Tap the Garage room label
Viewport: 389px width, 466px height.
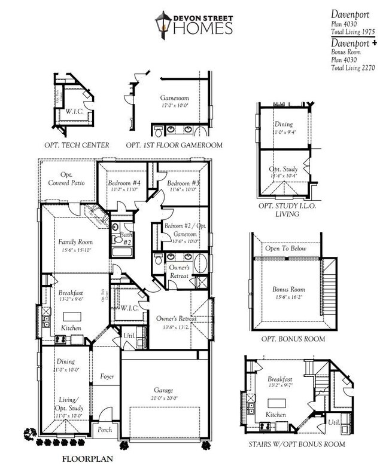click(163, 390)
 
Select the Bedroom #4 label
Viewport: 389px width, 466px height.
click(124, 183)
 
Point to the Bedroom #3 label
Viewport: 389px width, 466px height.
click(183, 183)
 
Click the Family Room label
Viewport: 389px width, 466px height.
click(74, 242)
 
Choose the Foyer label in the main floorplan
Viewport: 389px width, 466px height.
click(107, 377)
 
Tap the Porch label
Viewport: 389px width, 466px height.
click(105, 430)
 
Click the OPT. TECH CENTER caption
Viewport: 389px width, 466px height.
click(77, 145)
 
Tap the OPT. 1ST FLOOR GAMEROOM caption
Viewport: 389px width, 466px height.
click(174, 145)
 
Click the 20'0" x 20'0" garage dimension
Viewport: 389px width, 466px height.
click(163, 398)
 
